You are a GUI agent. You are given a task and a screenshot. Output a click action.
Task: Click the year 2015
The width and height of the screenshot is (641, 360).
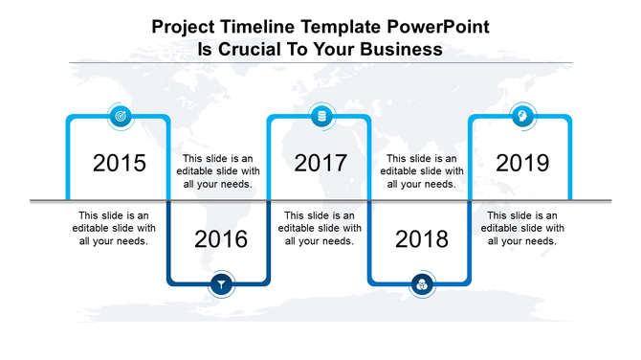tap(120, 163)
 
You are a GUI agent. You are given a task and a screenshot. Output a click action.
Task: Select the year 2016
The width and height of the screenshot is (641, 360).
tap(221, 239)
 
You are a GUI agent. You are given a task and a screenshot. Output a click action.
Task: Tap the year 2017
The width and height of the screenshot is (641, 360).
tap(320, 163)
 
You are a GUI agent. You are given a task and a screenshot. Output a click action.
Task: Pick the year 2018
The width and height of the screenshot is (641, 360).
tap(422, 239)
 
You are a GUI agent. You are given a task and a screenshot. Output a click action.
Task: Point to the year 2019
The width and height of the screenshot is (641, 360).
tap(522, 163)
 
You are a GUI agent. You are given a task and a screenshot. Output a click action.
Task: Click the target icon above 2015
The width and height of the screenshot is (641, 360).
tap(120, 116)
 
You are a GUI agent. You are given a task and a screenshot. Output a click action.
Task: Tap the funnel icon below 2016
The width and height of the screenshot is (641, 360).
tap(221, 283)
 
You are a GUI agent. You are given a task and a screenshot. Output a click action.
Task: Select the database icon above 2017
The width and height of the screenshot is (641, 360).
tap(320, 116)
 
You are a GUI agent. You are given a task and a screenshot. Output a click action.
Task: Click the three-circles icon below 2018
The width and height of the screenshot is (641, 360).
tap(421, 283)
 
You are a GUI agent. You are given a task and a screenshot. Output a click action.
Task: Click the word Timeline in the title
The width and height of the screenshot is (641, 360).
tap(252, 28)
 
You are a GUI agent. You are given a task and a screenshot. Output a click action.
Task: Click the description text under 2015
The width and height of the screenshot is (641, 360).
tap(114, 229)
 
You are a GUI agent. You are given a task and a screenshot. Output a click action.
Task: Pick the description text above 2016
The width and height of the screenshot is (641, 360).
tap(219, 171)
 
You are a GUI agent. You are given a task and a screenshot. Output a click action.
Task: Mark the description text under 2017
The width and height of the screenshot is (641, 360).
tap(320, 229)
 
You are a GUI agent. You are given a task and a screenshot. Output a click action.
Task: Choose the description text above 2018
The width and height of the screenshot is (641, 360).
tap(422, 171)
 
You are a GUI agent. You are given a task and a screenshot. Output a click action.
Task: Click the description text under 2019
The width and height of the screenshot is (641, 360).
tap(522, 229)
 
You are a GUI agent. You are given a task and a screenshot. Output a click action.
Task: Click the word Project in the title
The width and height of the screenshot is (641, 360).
tap(184, 28)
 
